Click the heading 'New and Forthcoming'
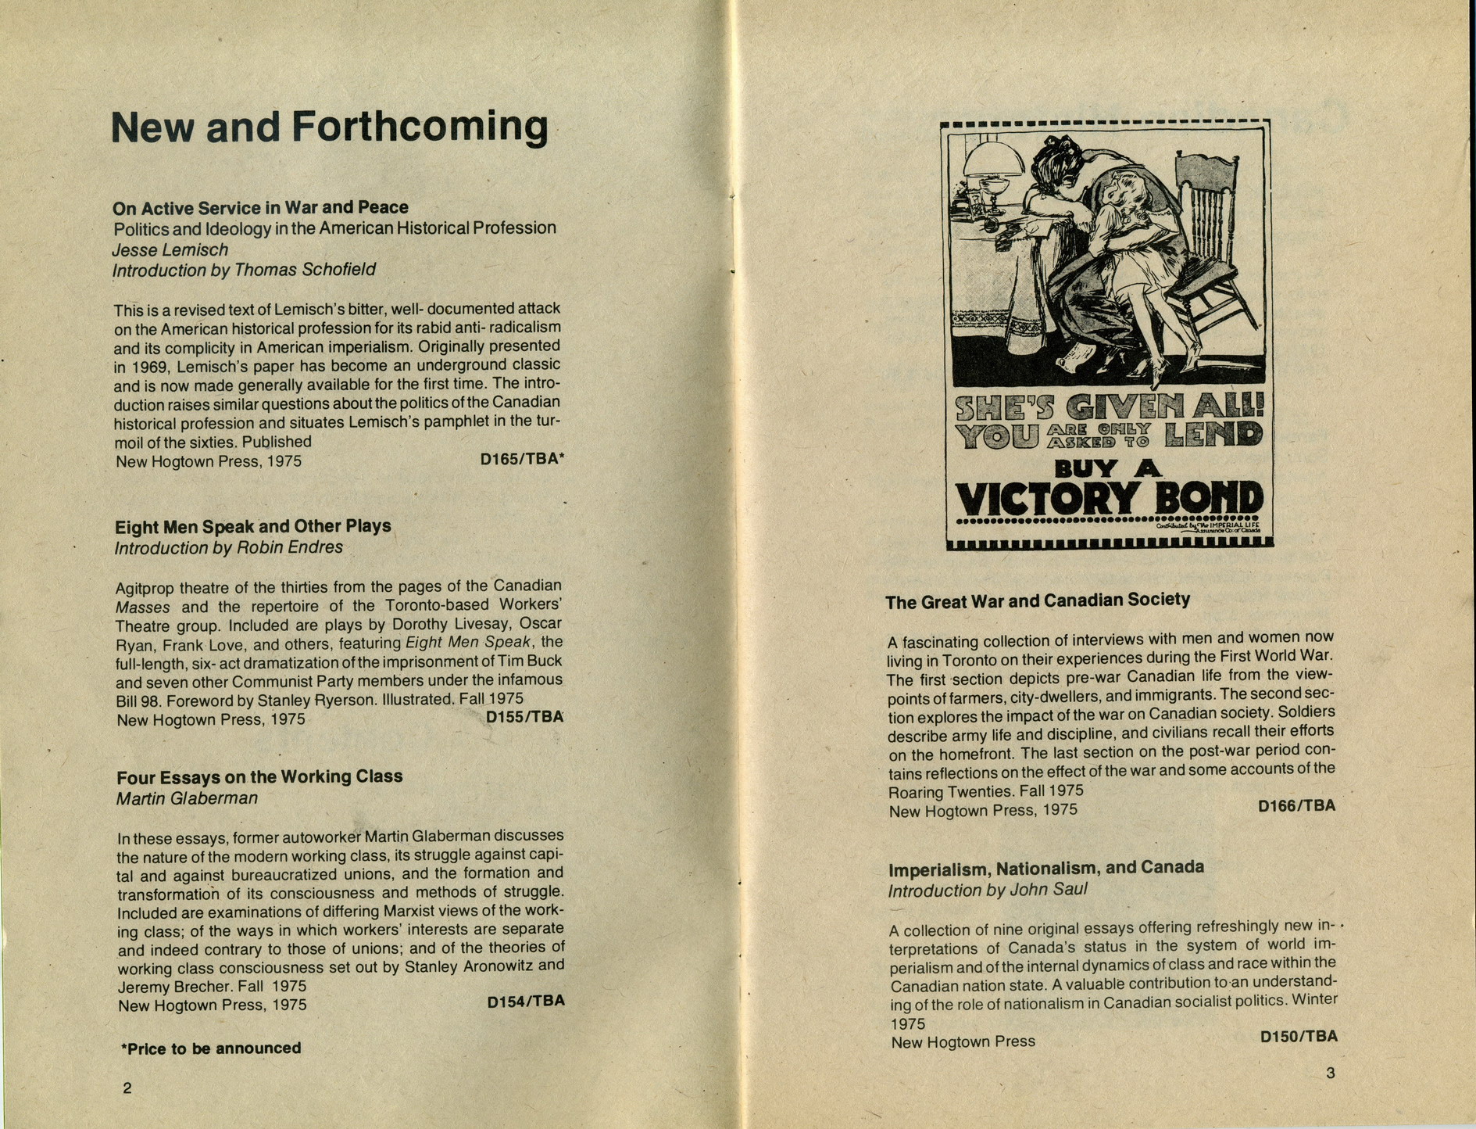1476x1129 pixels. pos(329,127)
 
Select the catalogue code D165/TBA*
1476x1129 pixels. pos(521,460)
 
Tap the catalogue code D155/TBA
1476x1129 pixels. pos(524,717)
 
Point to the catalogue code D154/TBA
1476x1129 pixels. pos(525,1002)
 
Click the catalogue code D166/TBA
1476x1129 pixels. pos(1296,805)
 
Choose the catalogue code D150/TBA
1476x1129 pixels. pos(1298,1037)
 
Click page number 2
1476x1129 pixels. pos(127,1088)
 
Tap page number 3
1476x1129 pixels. pos(1331,1073)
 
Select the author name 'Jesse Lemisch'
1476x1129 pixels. pos(170,250)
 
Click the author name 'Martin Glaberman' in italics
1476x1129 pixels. pos(187,798)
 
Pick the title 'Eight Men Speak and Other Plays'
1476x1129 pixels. pos(252,526)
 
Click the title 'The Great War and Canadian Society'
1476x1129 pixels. pos(1038,600)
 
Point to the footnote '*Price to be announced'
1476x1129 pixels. pos(210,1048)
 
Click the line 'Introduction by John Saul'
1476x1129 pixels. pos(987,891)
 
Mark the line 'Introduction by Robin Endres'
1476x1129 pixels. pos(228,547)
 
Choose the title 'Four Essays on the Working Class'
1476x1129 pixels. pos(259,777)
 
